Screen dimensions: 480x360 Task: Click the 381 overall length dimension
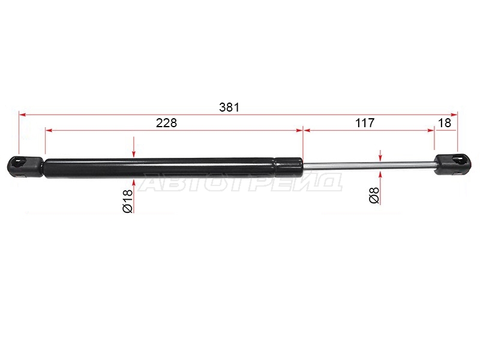pos(229,107)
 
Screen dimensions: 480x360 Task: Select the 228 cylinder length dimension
pos(167,123)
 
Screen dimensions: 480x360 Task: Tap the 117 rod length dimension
pos(365,123)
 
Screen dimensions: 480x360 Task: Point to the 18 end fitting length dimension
pos(445,123)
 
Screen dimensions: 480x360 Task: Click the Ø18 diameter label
pos(127,201)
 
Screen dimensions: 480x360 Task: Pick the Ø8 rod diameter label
pos(374,196)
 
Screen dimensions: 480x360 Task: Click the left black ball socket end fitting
pos(25,167)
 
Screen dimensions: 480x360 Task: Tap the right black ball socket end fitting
pos(454,164)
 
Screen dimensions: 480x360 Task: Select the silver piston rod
pos(369,164)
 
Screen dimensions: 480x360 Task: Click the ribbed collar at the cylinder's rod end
pos(289,167)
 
